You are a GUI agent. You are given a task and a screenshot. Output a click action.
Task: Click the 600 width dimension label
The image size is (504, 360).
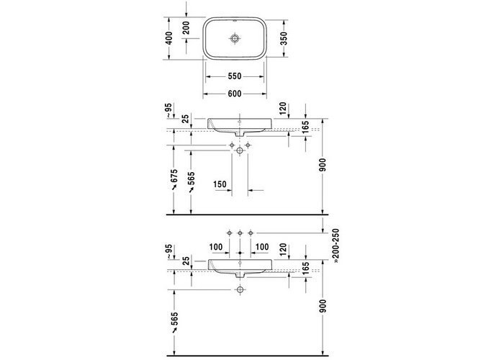(235, 94)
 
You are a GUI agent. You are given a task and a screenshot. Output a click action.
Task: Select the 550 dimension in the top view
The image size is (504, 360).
(235, 76)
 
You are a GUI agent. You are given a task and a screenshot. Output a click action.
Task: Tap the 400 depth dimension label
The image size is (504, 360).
(168, 38)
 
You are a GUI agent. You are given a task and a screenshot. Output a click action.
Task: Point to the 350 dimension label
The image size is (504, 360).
(284, 38)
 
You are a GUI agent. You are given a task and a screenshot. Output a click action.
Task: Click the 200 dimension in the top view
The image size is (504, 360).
(186, 28)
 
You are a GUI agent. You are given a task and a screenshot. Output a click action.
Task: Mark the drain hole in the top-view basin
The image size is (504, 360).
(235, 38)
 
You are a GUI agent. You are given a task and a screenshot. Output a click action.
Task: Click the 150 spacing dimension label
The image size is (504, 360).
(220, 184)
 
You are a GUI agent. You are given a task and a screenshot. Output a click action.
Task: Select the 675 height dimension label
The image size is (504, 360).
(174, 176)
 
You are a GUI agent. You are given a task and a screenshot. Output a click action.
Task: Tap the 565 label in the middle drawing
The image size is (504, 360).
(192, 178)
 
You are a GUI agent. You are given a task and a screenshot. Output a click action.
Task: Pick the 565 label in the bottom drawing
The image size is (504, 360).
(174, 318)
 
